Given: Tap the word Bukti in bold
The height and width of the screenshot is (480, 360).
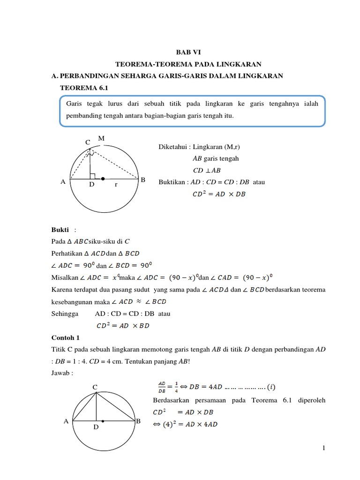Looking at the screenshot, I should click(60, 230).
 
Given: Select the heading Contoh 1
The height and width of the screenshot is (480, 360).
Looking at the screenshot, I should click(65, 337).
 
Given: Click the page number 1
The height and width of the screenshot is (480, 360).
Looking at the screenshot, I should click(323, 449).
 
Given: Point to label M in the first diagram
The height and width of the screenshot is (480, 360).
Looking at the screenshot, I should click(101, 138).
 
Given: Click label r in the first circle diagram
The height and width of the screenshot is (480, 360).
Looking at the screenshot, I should click(115, 185).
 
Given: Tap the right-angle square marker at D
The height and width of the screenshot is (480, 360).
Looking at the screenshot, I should click(93, 176).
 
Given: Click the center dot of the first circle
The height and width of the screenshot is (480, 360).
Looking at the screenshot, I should click(103, 179).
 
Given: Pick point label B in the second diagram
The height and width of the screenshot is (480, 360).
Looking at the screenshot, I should click(138, 421).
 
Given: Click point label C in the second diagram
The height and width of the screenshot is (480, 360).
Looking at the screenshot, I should click(95, 387).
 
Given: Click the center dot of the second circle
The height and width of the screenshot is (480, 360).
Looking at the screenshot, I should click(103, 421).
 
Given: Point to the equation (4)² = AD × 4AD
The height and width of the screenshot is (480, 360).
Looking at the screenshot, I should click(185, 424).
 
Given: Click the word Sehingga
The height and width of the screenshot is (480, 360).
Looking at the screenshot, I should click(65, 314).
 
